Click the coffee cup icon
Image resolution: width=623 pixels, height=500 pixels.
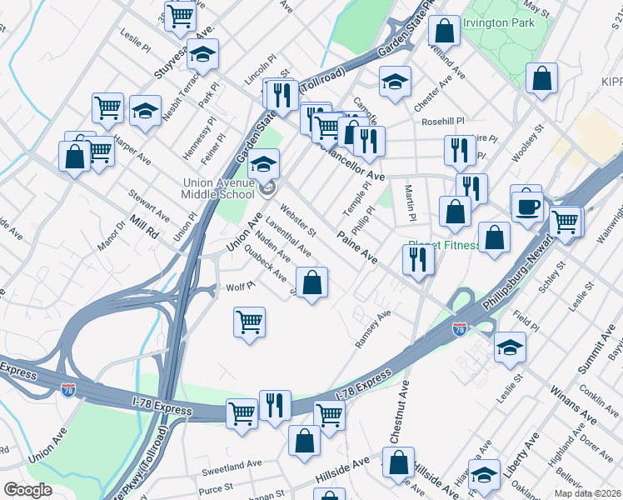click(526, 204)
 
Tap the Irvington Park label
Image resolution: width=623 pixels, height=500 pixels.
click(498, 22)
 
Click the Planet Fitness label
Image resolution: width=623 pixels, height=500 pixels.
click(443, 246)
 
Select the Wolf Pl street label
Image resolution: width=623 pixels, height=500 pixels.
click(239, 287)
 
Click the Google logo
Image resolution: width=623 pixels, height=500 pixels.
click(27, 489)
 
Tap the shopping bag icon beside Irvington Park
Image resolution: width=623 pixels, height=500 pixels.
click(445, 31)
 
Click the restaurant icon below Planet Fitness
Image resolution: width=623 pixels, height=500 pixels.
click(417, 260)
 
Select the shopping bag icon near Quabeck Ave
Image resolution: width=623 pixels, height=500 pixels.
click(311, 283)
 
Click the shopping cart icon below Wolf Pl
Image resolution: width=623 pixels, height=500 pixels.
click(249, 322)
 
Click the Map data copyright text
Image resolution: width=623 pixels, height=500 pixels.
click(587, 493)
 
